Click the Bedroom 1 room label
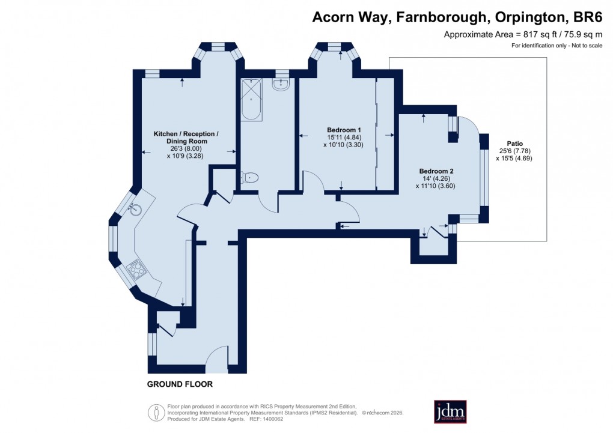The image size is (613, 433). [x=344, y=130]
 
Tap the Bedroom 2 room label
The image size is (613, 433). [x=436, y=171]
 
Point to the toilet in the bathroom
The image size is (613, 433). [x=250, y=177]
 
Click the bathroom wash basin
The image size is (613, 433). [x=280, y=85]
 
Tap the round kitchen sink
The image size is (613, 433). [x=136, y=210]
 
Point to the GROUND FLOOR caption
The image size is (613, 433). [x=180, y=384]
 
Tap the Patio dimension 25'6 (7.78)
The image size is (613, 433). [x=515, y=151]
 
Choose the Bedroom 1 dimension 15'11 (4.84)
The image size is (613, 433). [x=344, y=138]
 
